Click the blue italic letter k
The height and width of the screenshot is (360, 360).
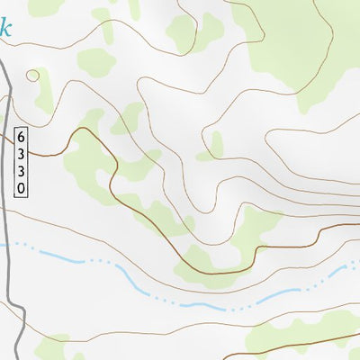(6, 26)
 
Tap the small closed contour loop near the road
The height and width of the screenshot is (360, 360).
(33, 76)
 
